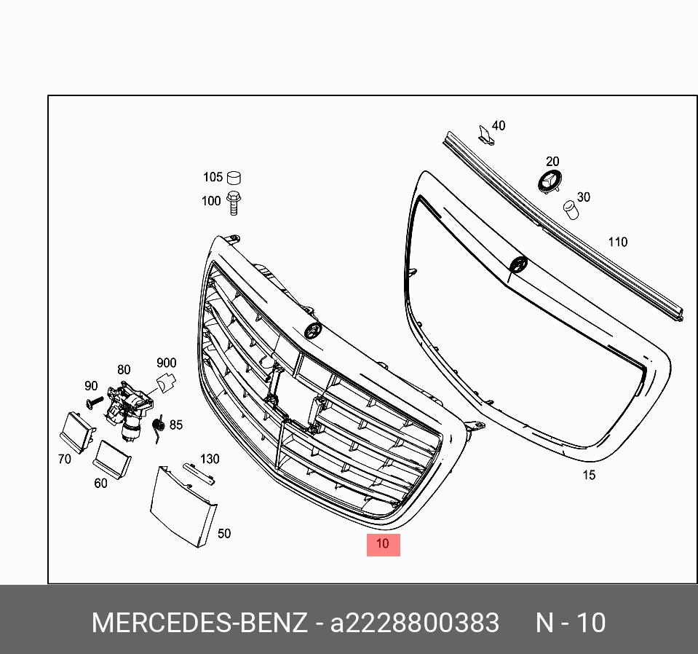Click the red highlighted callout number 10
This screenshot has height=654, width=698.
point(383,543)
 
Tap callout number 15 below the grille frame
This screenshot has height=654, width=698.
point(589,475)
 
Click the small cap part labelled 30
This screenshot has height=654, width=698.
point(571,210)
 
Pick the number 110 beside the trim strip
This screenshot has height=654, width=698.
point(617,242)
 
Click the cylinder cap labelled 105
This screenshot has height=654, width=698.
point(234,177)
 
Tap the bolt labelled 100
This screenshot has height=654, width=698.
point(234,202)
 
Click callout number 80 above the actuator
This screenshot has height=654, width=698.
point(124,370)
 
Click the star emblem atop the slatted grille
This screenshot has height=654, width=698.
point(313,330)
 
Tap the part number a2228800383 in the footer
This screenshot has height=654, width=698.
point(415,623)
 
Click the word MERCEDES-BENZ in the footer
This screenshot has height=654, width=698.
point(199,623)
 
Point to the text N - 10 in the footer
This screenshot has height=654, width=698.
point(570,623)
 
